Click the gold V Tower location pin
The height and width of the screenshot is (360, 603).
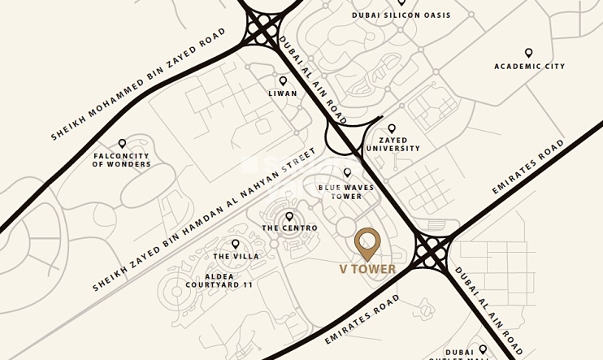coord(367,243)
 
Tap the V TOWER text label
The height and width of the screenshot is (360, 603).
coord(367,270)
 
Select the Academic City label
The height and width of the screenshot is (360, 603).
coord(529,67)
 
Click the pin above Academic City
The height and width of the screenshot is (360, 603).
coord(529,53)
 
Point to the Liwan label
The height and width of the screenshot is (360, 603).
coord(283,93)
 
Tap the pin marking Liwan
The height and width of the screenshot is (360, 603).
coord(283,80)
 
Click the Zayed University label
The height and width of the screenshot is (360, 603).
coord(393,145)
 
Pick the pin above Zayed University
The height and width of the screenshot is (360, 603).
coord(392,128)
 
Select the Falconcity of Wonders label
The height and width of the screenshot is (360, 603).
coord(121,160)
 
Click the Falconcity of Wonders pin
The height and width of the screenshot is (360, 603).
coord(122,144)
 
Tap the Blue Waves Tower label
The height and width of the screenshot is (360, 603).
coord(346,192)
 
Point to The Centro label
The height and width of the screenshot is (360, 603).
coord(289,228)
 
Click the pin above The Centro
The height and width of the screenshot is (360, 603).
coord(289,216)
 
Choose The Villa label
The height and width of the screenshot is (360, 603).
coord(236,257)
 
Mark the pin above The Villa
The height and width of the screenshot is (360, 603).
coord(236,244)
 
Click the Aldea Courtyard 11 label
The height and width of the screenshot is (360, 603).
coord(219,281)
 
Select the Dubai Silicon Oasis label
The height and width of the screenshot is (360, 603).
coord(401,15)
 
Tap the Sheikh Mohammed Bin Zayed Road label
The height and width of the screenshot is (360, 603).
coord(138,84)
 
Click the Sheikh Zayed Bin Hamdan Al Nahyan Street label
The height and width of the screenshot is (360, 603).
coord(203,220)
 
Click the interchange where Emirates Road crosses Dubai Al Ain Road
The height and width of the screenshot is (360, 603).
coord(432,251)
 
